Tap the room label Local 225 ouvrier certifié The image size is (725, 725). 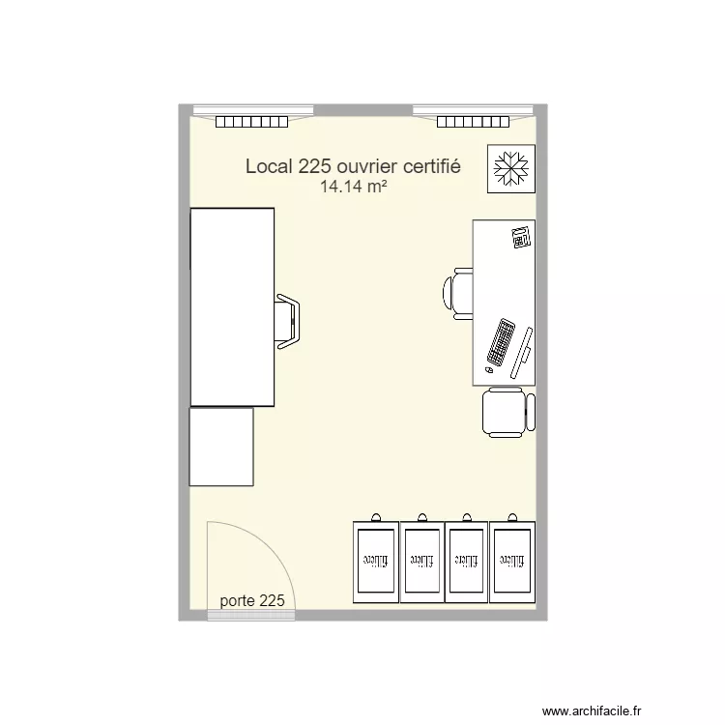click(353, 166)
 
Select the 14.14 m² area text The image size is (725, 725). click(354, 188)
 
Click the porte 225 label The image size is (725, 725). click(252, 600)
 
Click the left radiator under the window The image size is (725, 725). click(252, 122)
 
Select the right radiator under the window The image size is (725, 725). click(473, 122)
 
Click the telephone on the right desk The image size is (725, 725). click(521, 237)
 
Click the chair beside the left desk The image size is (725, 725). click(287, 319)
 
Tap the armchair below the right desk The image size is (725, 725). click(507, 412)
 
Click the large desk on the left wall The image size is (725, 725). click(232, 306)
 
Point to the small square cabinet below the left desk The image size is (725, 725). click(221, 446)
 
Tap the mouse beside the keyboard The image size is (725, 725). click(489, 369)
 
